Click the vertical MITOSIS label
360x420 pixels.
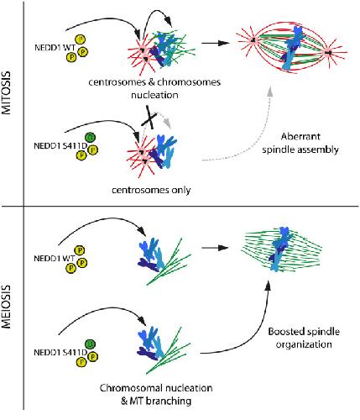point(6,92)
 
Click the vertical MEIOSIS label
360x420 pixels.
point(6,307)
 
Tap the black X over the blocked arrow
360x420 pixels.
point(150,118)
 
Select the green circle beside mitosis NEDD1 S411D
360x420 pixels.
point(90,137)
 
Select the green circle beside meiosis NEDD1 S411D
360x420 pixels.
point(90,344)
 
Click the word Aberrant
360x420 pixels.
point(300,137)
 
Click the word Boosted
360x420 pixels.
point(286,332)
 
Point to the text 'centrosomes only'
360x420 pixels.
point(151,191)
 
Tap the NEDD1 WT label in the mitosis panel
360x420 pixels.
point(55,48)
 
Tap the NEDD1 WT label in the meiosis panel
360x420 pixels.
point(55,258)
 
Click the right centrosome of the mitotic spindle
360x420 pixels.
point(328,52)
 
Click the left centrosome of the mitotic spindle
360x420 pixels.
point(253,40)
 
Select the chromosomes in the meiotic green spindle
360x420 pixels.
point(280,249)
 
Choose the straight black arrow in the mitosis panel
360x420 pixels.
point(216,43)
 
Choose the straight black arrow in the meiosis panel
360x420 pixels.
point(215,248)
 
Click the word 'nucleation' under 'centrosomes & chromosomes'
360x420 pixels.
point(154,95)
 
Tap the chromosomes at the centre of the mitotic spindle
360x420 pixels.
point(292,48)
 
